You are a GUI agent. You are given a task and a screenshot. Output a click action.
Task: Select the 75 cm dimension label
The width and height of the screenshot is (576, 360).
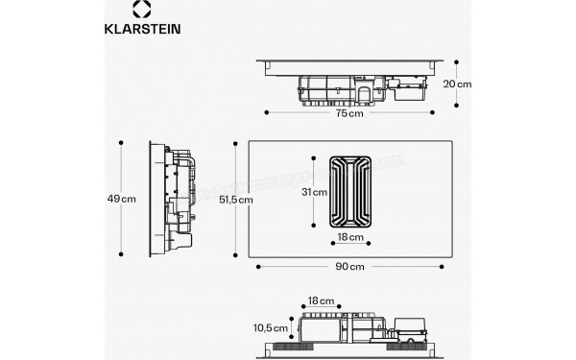click(349, 114)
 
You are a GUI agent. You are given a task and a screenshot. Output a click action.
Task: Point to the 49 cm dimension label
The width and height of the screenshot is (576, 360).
click(121, 199)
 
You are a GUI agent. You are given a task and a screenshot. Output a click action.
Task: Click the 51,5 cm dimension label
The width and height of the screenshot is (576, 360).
click(235, 200)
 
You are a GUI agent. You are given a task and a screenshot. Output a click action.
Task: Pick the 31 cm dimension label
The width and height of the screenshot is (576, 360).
click(314, 192)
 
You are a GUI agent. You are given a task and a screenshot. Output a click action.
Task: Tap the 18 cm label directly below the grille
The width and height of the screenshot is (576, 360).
click(349, 236)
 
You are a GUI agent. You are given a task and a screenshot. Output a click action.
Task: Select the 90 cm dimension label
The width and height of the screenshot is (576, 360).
click(349, 266)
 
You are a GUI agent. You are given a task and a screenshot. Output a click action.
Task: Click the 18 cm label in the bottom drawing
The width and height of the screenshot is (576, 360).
click(321, 300)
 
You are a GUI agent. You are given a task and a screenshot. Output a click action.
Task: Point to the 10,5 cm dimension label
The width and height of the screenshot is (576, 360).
click(270, 328)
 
